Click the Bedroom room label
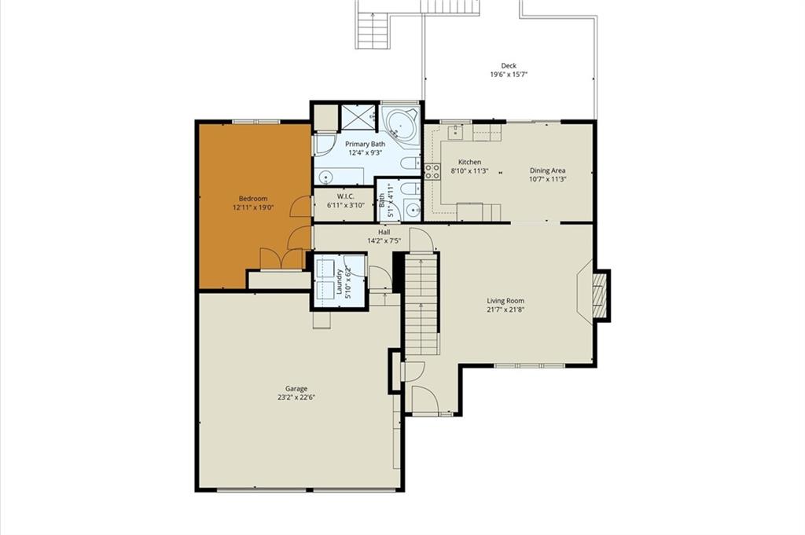click(x=253, y=199)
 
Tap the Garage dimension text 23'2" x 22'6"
click(x=296, y=397)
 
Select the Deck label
click(x=509, y=66)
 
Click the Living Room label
click(x=505, y=301)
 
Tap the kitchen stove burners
click(x=432, y=170)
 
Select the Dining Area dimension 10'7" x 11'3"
click(x=548, y=179)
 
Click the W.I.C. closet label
click(x=346, y=196)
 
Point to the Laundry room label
click(x=339, y=282)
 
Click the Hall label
click(x=384, y=232)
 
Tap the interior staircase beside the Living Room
click(x=422, y=305)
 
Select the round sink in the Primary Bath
click(x=325, y=178)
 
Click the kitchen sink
click(x=455, y=132)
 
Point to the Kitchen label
click(x=470, y=162)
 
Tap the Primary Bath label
click(x=365, y=144)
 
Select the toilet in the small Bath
click(x=410, y=189)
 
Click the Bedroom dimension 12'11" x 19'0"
click(x=253, y=207)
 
